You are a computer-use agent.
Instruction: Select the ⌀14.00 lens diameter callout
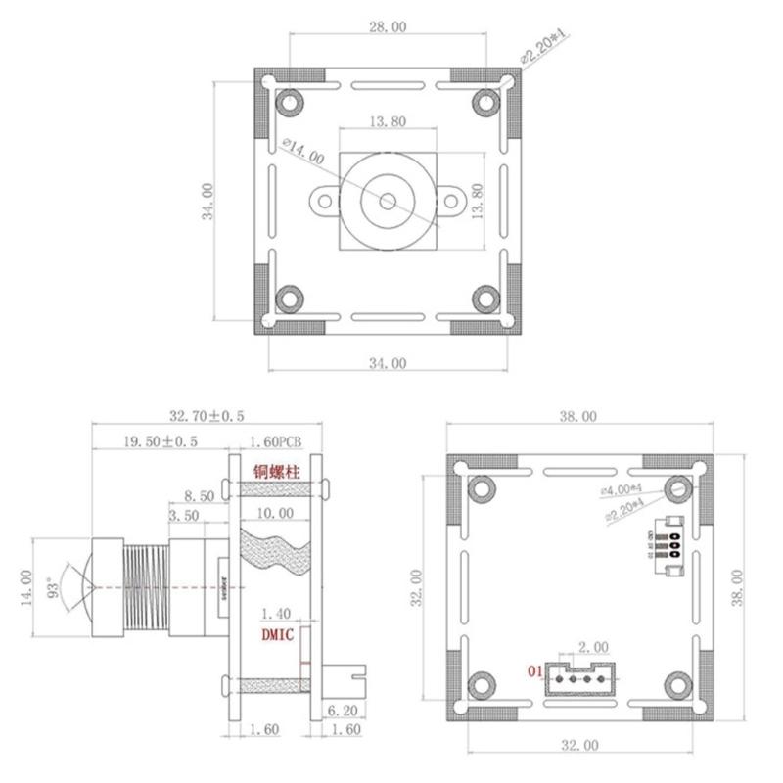pyautogui.click(x=302, y=152)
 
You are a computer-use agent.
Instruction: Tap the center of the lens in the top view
pyautogui.click(x=388, y=201)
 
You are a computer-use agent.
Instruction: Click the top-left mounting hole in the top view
pyautogui.click(x=290, y=102)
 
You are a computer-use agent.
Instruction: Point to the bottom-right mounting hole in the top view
pyautogui.click(x=485, y=299)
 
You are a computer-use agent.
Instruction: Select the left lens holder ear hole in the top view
pyautogui.click(x=325, y=201)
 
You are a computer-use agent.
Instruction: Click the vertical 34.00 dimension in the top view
pyautogui.click(x=207, y=201)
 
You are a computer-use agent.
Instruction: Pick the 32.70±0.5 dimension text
pyautogui.click(x=207, y=416)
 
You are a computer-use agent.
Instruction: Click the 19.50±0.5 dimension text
pyautogui.click(x=161, y=441)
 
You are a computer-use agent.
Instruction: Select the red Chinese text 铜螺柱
pyautogui.click(x=277, y=471)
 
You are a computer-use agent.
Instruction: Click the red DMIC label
pyautogui.click(x=277, y=634)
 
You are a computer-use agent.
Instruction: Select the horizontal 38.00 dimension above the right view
pyautogui.click(x=577, y=416)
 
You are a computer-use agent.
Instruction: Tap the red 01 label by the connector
pyautogui.click(x=533, y=671)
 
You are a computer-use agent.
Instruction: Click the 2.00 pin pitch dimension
pyautogui.click(x=593, y=647)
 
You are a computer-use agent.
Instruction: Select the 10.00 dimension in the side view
pyautogui.click(x=275, y=513)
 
